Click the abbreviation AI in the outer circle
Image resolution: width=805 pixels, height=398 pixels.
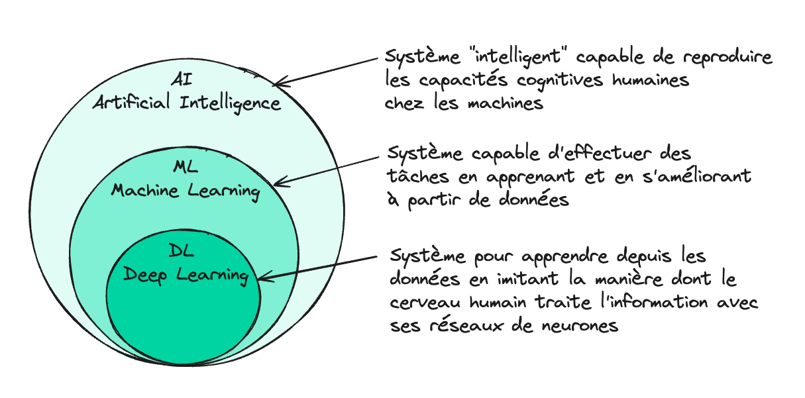click(182, 79)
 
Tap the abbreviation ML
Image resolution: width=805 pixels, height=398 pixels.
click(186, 167)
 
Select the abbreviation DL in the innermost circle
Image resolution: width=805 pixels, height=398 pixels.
click(182, 250)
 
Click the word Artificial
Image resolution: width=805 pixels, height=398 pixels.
click(132, 102)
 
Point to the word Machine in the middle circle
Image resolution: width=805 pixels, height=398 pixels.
click(145, 189)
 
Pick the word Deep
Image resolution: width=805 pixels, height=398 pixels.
click(145, 275)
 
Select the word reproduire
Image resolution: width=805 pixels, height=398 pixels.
click(727, 58)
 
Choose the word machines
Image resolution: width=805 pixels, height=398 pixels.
click(506, 103)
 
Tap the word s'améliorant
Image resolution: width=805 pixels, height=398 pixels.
click(697, 175)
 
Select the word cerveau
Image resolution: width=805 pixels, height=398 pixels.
click(425, 303)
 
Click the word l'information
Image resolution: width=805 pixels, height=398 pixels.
click(654, 302)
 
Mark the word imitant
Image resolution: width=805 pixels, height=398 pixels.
click(527, 278)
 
